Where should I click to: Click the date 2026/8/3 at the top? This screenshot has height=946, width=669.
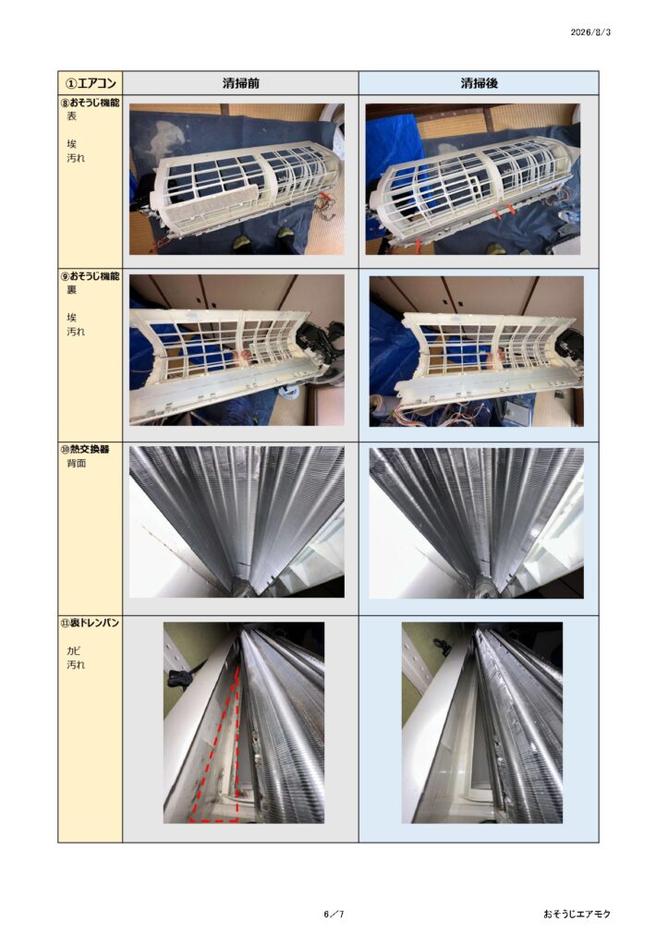pos(590,32)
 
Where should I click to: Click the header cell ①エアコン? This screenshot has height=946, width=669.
pos(91,83)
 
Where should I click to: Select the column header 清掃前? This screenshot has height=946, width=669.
pos(240,83)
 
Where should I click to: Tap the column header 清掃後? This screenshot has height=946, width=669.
pos(479,83)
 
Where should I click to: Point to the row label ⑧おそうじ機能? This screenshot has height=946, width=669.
pos(90,103)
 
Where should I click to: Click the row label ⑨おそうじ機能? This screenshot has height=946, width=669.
pos(90,275)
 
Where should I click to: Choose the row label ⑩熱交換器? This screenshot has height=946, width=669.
pos(85,449)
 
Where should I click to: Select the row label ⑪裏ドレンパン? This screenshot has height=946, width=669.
pos(90,623)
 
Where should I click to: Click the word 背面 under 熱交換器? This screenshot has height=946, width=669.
pos(77,464)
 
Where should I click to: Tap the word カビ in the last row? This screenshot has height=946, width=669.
pos(74,651)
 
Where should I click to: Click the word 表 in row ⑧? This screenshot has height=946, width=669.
pos(72,116)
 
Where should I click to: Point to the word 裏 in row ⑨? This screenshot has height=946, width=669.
pos(72,289)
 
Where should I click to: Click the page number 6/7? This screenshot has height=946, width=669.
pos(334,914)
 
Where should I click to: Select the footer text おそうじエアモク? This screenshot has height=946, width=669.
pos(577,914)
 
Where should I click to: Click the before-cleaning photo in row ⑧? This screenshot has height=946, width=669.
pos(237,179)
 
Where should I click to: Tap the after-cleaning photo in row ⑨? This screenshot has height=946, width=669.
pos(477,351)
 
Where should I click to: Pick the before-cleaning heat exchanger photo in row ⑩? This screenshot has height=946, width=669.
pos(237,523)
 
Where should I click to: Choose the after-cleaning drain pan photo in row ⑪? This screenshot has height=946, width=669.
pos(482,722)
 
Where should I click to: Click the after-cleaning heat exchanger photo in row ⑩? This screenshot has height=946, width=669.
pos(477,523)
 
